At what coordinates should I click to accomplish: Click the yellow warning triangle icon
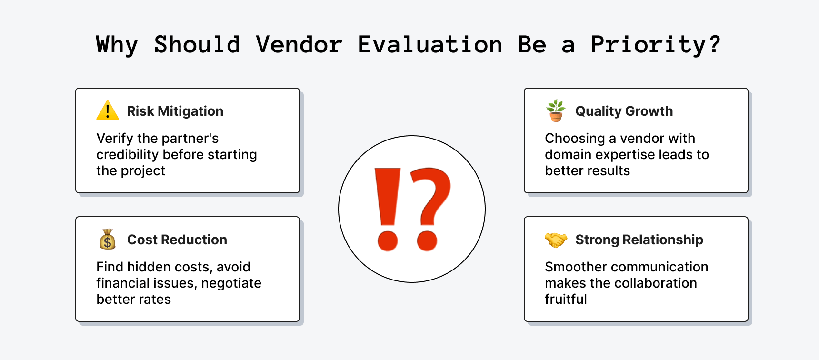click(x=108, y=110)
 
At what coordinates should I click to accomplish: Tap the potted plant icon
click(x=556, y=110)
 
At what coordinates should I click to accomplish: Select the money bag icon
click(x=108, y=239)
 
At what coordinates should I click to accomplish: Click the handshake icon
click(x=556, y=240)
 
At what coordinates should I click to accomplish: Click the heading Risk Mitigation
click(x=175, y=111)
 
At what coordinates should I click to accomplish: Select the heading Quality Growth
click(x=624, y=111)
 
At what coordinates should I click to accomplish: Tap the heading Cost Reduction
click(x=177, y=240)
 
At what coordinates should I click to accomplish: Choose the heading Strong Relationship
click(x=639, y=240)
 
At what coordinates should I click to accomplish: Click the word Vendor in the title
click(x=299, y=45)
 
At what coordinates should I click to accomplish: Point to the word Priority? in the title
click(x=655, y=45)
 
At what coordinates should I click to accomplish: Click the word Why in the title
click(x=117, y=45)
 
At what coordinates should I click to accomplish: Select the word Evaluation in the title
click(x=429, y=45)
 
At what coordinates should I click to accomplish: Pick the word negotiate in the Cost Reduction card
click(x=231, y=283)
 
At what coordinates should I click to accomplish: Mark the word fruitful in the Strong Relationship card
click(x=566, y=299)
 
